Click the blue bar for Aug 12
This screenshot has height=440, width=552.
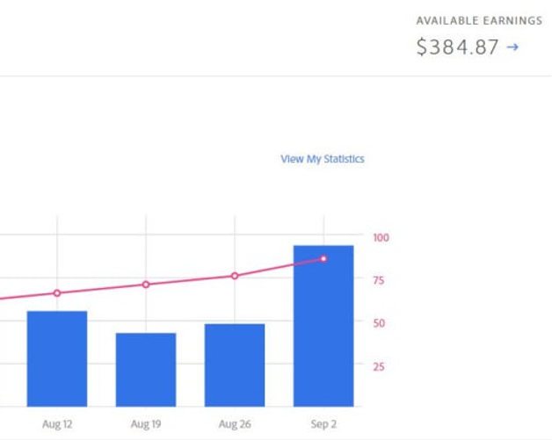pyautogui.click(x=57, y=358)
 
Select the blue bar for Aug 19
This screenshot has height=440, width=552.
pyautogui.click(x=146, y=369)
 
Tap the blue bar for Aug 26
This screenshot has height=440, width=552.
pyautogui.click(x=235, y=364)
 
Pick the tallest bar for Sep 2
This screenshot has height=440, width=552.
pyautogui.click(x=323, y=326)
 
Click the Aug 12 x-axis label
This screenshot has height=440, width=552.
pyautogui.click(x=57, y=424)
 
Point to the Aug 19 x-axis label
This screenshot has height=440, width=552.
pyautogui.click(x=146, y=424)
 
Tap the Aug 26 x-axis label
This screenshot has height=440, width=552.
pyautogui.click(x=235, y=424)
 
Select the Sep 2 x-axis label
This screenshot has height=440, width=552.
pyautogui.click(x=323, y=424)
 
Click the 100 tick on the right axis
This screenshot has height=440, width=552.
pyautogui.click(x=381, y=237)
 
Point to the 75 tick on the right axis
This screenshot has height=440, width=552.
pyautogui.click(x=378, y=280)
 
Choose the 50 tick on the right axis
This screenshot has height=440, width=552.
pyautogui.click(x=378, y=323)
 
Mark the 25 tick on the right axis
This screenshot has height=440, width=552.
pyautogui.click(x=378, y=366)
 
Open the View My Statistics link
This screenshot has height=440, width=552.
pyautogui.click(x=322, y=159)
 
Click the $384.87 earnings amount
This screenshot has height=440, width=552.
pyautogui.click(x=457, y=47)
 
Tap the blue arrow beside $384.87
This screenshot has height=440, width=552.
pyautogui.click(x=513, y=47)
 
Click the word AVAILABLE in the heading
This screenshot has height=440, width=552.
pyautogui.click(x=447, y=20)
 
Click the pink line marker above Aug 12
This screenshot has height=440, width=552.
pyautogui.click(x=57, y=293)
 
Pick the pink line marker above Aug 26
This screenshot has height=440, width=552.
pyautogui.click(x=235, y=276)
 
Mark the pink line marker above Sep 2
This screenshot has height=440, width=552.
pyautogui.click(x=323, y=259)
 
